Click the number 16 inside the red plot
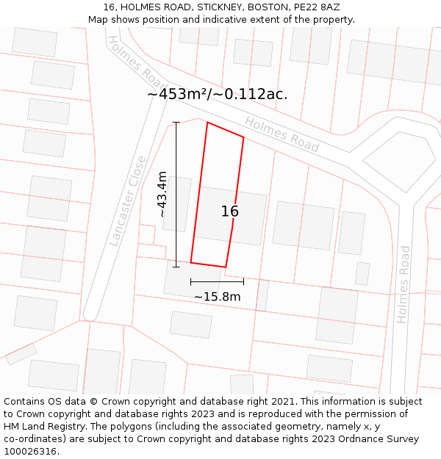point(230,212)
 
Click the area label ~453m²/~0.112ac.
point(218,94)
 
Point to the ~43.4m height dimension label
point(162,195)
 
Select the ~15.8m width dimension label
point(217,297)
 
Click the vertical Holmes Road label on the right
point(404,284)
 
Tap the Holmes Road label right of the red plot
point(282,135)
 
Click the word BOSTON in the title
point(270,7)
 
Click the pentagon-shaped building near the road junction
point(399,161)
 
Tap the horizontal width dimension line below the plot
point(217,281)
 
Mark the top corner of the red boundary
point(207,123)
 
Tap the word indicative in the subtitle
point(228,20)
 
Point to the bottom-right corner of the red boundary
point(226,267)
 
